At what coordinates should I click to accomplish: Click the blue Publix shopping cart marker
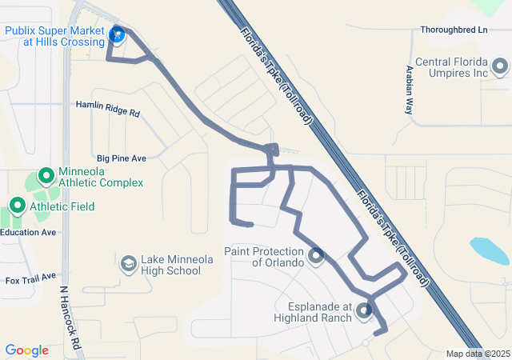[x=118, y=34]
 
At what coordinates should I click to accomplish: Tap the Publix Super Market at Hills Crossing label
[x=54, y=36]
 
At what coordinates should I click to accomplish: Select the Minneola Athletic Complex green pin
[x=46, y=175]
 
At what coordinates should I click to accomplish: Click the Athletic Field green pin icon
[x=17, y=206]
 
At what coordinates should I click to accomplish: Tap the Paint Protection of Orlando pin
[x=316, y=256]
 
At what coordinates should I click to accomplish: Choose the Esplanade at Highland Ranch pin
[x=365, y=310]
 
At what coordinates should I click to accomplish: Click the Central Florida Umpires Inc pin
[x=500, y=66]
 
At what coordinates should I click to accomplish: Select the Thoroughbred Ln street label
[x=454, y=30]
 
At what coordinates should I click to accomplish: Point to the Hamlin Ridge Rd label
[x=108, y=110]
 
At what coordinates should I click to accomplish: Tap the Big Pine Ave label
[x=122, y=158]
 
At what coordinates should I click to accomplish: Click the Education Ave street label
[x=28, y=232]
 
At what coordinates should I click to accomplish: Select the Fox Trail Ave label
[x=30, y=280]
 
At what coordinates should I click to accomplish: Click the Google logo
[x=26, y=350]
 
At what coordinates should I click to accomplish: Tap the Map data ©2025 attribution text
[x=477, y=354]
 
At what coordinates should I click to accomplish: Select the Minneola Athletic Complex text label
[x=101, y=177]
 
